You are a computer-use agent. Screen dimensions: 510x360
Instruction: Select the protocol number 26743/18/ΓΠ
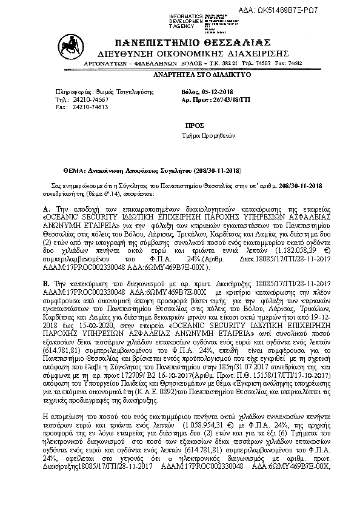[224, 97]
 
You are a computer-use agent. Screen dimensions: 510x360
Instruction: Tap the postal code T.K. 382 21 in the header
[215, 62]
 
